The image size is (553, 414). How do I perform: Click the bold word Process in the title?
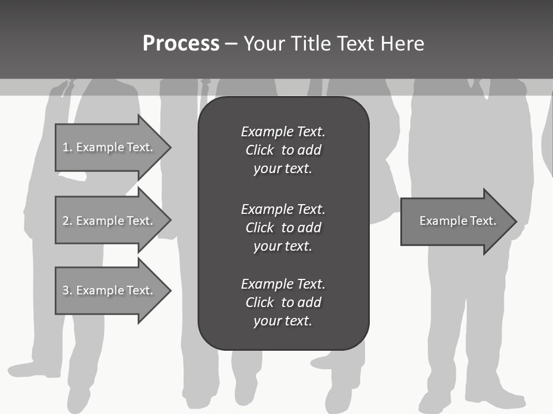pos(181,44)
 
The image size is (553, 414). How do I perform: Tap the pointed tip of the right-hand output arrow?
pos(516,221)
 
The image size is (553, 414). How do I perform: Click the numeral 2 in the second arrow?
pos(66,221)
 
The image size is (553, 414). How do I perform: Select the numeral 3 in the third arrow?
pos(66,290)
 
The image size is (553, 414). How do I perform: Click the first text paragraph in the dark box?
pos(283,150)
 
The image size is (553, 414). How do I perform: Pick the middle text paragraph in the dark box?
pos(283,228)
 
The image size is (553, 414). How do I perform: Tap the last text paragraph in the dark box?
pos(283,302)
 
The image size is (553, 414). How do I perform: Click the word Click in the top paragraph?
pos(259,150)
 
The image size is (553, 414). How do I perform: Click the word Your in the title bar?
pos(263,44)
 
